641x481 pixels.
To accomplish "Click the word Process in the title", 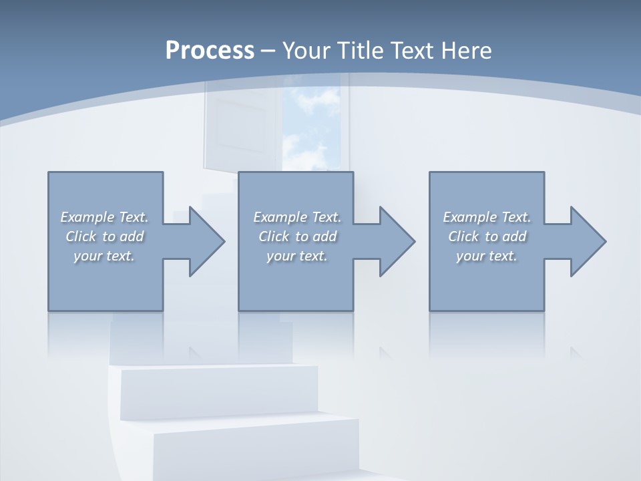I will pyautogui.click(x=210, y=51).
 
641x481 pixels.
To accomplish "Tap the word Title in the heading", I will pyautogui.click(x=361, y=51).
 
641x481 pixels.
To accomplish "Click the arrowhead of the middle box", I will pyautogui.click(x=397, y=241).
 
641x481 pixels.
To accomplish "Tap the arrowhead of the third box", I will pyautogui.click(x=588, y=241).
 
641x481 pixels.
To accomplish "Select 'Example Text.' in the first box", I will pyautogui.click(x=104, y=217).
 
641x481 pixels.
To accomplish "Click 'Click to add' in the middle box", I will pyautogui.click(x=297, y=236).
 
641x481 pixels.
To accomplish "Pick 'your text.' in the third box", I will pyautogui.click(x=487, y=256).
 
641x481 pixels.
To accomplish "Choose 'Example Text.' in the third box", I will pyautogui.click(x=487, y=217).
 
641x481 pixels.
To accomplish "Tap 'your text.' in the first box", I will pyautogui.click(x=104, y=256).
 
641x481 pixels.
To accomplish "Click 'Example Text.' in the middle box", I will pyautogui.click(x=297, y=217).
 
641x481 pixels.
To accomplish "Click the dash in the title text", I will pyautogui.click(x=268, y=51).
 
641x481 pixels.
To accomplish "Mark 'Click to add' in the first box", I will pyautogui.click(x=104, y=236).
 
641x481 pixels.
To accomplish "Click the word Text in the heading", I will pyautogui.click(x=413, y=51).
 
